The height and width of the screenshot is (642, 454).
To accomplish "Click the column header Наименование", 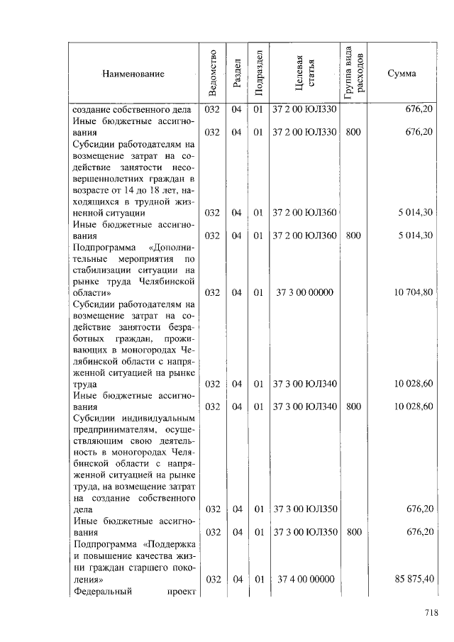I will [x=133, y=74].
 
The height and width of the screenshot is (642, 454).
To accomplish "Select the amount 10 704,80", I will [x=413, y=292].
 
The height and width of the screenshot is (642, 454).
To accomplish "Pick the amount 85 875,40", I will [x=414, y=579].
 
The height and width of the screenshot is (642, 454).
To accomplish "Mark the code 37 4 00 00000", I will [x=305, y=579].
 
